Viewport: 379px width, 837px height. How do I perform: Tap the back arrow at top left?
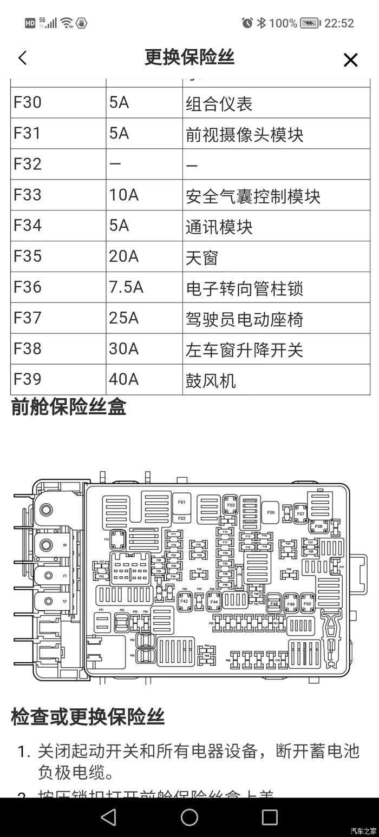pos(22,58)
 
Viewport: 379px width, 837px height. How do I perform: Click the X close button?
pos(350,60)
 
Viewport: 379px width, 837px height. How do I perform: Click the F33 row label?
pos(28,195)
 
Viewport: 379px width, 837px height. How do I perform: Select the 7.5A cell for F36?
pos(126,287)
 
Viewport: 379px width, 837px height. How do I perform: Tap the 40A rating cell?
pos(124,379)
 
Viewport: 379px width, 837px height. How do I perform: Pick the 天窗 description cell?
pos(201,258)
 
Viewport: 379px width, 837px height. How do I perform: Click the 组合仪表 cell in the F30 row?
pos(219,103)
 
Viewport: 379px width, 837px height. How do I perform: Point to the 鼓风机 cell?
pos(211,380)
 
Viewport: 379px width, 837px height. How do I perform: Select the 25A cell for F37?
pos(124,318)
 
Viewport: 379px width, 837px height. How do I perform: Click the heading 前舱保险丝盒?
pos(69,407)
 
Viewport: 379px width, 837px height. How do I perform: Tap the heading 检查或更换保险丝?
pos(88,717)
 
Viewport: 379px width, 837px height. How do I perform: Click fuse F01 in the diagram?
pos(182,503)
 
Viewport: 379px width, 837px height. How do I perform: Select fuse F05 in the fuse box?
pos(270,512)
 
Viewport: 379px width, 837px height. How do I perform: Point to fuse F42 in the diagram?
pos(184,601)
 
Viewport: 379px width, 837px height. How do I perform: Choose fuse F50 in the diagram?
pos(308,603)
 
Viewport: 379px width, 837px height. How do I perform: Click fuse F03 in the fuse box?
pos(231,505)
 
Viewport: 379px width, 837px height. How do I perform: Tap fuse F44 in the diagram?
pos(213,601)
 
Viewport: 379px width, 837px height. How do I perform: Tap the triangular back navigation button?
pos(109,817)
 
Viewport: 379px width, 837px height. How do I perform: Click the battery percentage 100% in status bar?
pos(283,23)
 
